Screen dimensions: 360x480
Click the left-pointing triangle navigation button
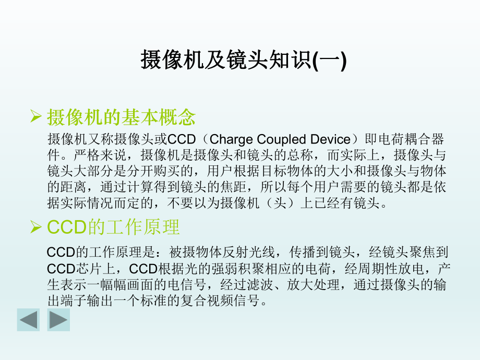[x=28, y=319]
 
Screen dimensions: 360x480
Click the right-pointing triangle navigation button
[x=58, y=319]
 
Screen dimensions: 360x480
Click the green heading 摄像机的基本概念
[x=121, y=117]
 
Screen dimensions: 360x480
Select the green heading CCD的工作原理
[x=113, y=227]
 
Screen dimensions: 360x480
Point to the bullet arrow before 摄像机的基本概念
[x=36, y=117]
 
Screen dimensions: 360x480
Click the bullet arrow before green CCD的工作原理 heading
[x=36, y=227]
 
